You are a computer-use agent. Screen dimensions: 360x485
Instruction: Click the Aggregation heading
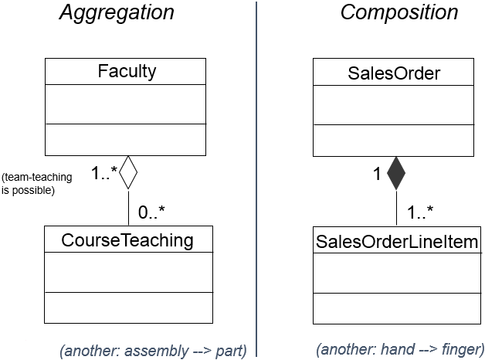click(117, 13)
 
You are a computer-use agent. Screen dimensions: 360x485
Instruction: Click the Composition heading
click(399, 13)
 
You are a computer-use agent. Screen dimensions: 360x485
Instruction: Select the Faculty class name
click(127, 72)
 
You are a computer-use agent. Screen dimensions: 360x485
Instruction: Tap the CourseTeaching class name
click(127, 240)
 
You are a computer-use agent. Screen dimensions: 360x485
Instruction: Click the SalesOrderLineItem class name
click(397, 241)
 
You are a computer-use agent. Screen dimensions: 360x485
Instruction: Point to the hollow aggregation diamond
click(127, 172)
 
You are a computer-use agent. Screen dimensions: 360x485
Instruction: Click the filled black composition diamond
click(395, 173)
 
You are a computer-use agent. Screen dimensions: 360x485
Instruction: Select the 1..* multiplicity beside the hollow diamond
click(103, 172)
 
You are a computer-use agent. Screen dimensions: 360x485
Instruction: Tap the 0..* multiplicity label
click(152, 211)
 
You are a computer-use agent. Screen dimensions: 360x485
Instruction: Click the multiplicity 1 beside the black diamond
click(378, 175)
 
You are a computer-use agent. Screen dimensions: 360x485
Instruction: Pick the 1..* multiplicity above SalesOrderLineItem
click(419, 211)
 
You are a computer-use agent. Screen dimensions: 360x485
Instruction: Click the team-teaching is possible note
click(29, 184)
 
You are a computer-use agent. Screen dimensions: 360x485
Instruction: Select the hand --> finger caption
click(400, 348)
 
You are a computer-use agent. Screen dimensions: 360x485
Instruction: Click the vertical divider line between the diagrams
click(256, 178)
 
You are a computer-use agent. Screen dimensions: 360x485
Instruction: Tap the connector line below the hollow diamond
click(127, 207)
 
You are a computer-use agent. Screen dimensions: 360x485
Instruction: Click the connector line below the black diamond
click(395, 207)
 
